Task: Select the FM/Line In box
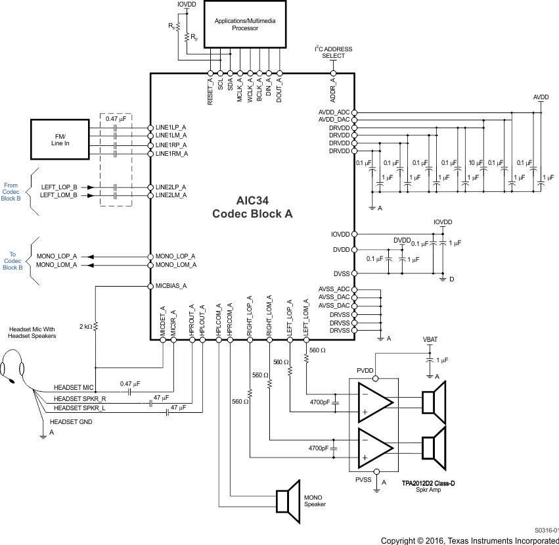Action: tap(60, 139)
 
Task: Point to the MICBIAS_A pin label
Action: tap(171, 286)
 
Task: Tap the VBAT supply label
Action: tap(430, 341)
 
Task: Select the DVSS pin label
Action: tap(342, 273)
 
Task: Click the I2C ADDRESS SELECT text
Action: tap(333, 53)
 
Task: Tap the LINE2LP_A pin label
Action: tap(171, 187)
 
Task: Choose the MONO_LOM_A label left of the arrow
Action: tap(57, 264)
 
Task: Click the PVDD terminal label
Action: tap(365, 371)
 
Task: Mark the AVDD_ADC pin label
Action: tap(334, 112)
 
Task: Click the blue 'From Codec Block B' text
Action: tap(11, 191)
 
